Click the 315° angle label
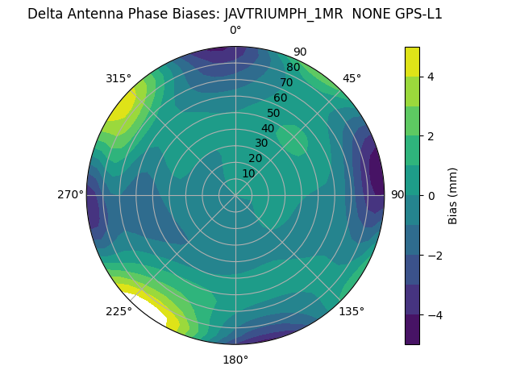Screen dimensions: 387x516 pos(119,78)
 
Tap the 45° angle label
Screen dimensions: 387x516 pos(352,78)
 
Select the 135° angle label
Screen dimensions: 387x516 pos(352,311)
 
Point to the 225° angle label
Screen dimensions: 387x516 pos(119,311)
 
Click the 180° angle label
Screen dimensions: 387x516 pos(235,360)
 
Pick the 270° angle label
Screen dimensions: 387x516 pos(70,194)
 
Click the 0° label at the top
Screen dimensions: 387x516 pos(235,31)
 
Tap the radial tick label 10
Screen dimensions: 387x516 pos(248,173)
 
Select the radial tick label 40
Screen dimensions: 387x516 pos(268,128)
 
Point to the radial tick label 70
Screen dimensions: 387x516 pos(286,82)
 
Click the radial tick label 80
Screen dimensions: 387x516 pos(293,67)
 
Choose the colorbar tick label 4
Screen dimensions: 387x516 pos(431,77)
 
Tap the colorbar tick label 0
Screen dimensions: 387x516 pos(431,195)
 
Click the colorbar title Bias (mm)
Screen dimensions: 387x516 pos(453,195)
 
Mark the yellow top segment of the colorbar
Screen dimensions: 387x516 pos(412,61)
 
